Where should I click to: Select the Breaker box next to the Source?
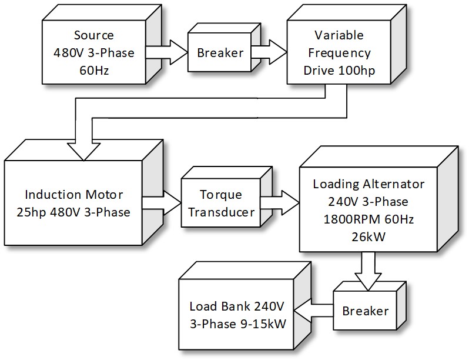(219, 53)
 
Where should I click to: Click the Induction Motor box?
(73, 202)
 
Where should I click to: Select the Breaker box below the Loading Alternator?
(365, 310)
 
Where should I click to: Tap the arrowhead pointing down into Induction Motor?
(83, 151)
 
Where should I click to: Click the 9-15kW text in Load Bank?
(259, 324)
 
